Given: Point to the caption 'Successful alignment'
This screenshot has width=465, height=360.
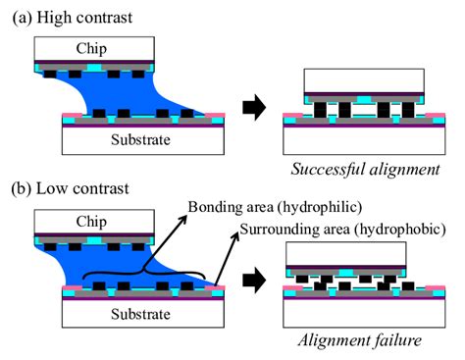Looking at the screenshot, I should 365,169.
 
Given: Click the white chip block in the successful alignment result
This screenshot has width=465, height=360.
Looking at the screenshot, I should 363,78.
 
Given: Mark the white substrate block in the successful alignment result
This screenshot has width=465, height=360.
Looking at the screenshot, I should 363,140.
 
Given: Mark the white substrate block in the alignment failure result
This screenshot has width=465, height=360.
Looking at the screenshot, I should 363,312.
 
